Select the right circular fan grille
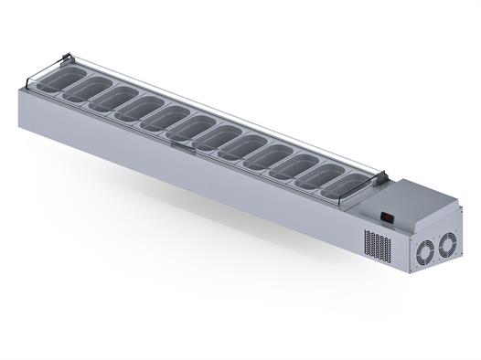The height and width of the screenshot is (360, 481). [x=446, y=244]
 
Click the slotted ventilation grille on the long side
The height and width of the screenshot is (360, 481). [x=378, y=245]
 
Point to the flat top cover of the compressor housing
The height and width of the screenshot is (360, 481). [x=416, y=200]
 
